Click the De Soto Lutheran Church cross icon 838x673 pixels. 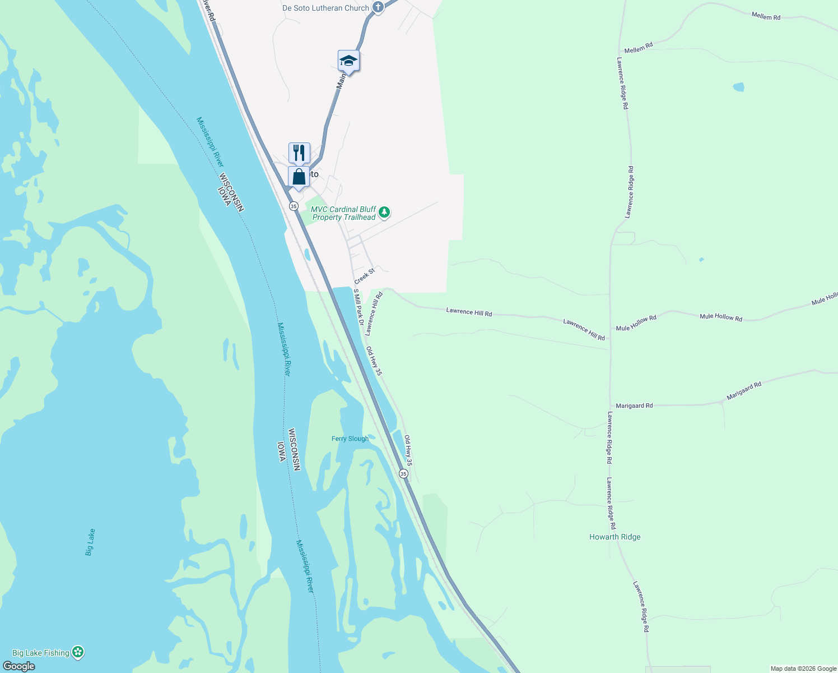378,7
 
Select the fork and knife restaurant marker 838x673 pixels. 299,153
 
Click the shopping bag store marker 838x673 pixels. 299,177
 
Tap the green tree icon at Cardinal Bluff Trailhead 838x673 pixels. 384,212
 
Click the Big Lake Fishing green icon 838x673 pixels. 78,652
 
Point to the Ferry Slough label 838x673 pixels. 350,439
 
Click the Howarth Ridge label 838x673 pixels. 614,537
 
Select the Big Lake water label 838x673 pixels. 90,542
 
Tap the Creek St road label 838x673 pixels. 364,276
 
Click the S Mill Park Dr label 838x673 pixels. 359,307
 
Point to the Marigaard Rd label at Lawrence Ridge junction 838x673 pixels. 634,405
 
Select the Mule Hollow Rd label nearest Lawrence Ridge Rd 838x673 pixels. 636,323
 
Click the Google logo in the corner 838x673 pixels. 18,666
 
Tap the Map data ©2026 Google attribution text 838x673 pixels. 803,669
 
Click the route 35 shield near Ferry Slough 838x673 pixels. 404,474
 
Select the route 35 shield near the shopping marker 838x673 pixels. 294,206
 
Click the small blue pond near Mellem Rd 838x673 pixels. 739,87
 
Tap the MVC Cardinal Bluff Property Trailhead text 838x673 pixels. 343,213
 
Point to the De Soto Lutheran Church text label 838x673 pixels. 325,8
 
